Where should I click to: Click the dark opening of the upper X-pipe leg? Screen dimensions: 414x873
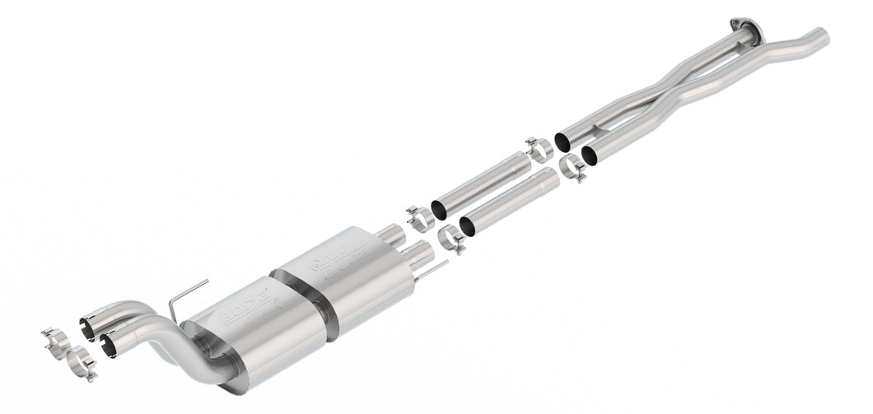pyautogui.click(x=563, y=141)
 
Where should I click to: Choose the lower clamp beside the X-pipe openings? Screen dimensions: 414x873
pyautogui.click(x=572, y=168)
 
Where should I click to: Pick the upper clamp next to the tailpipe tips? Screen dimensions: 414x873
pyautogui.click(x=55, y=338)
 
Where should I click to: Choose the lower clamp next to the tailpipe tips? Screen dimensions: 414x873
pyautogui.click(x=81, y=363)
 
